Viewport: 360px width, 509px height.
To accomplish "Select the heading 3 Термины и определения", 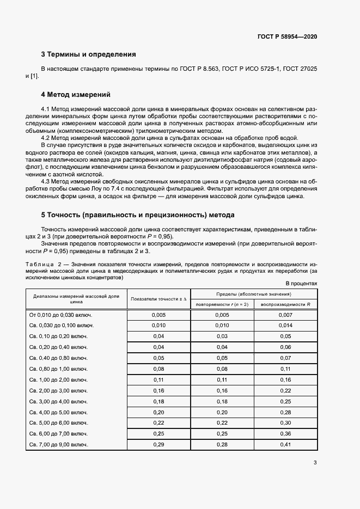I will pos(88,54).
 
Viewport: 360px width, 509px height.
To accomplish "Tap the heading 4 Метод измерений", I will pos(76,94).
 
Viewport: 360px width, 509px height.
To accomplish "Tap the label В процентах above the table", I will pos(301,284).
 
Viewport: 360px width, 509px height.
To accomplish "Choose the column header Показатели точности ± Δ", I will pos(158,299).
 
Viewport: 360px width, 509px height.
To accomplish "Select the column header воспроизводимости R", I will pos(285,304).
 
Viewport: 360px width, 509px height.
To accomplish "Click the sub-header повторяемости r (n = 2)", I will pos(222,304).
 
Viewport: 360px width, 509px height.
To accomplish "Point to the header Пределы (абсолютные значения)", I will pos(253,294).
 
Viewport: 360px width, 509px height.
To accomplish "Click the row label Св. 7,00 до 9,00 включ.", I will pos(59,445).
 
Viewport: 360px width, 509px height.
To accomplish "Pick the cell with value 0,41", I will pos(285,445).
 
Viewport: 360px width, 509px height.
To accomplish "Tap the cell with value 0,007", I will pos(285,315).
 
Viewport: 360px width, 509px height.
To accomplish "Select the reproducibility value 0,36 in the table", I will pos(285,434).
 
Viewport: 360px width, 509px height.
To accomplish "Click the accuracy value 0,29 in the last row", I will pos(158,445).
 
